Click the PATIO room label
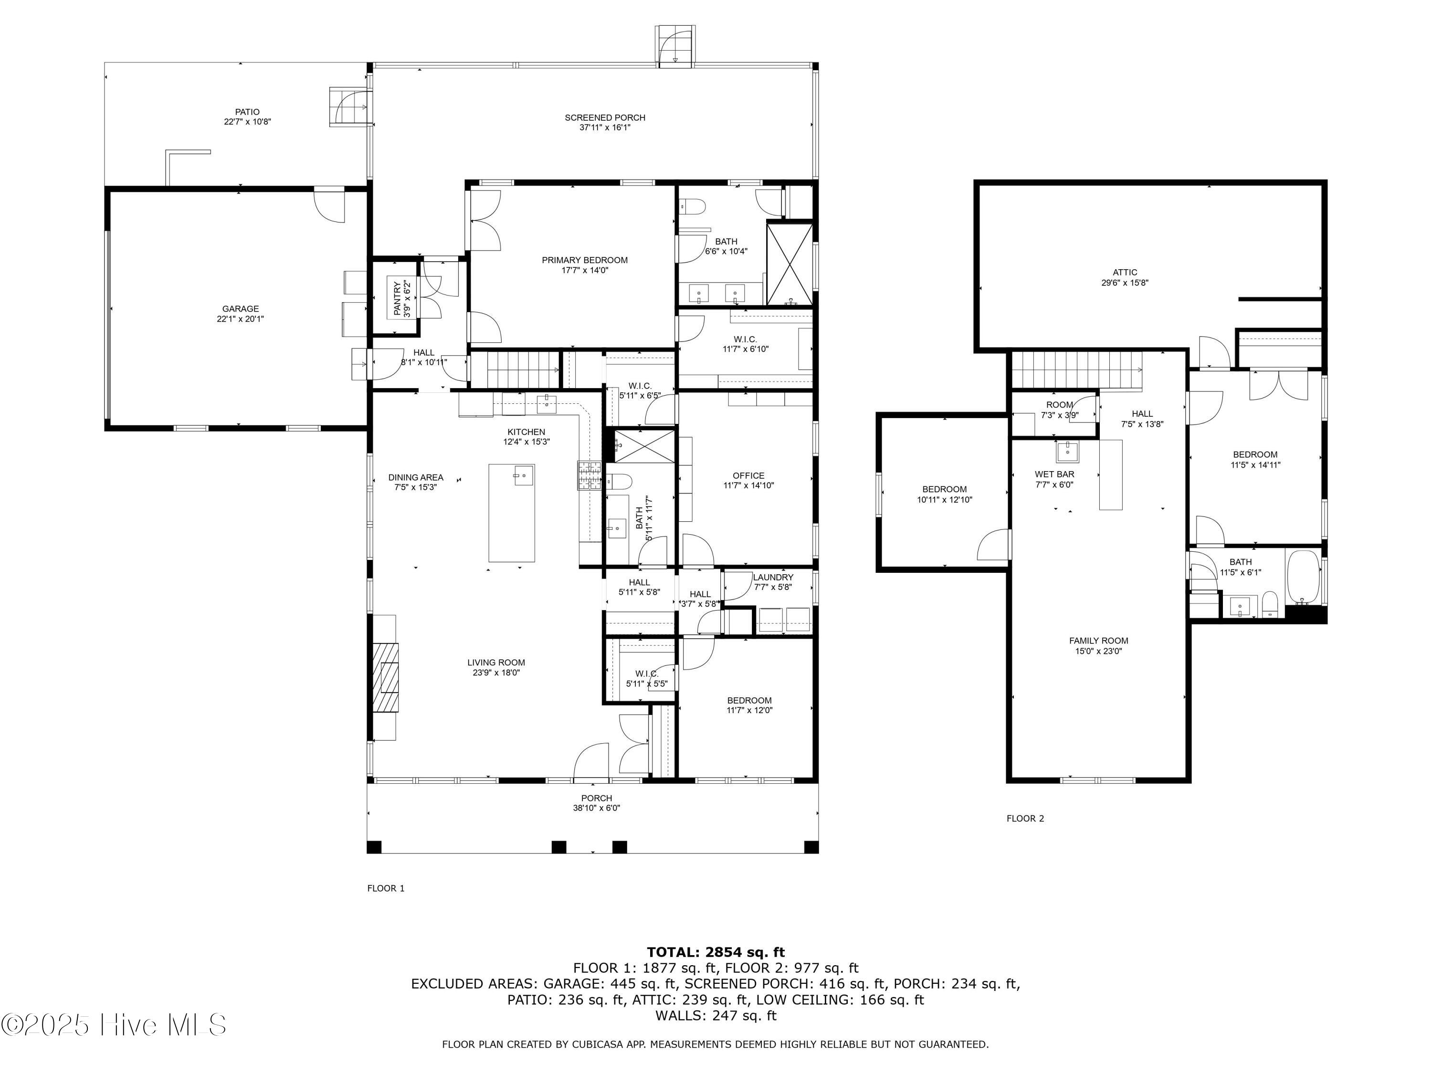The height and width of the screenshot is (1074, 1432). pyautogui.click(x=247, y=112)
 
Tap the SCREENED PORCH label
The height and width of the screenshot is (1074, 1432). pyautogui.click(x=605, y=118)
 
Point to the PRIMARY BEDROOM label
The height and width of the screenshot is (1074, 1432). pyautogui.click(x=585, y=260)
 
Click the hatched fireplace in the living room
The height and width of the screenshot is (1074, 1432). pyautogui.click(x=386, y=677)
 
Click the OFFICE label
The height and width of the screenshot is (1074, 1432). pyautogui.click(x=748, y=476)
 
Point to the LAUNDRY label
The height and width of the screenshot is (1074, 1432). pyautogui.click(x=773, y=578)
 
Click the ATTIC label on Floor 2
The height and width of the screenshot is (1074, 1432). pyautogui.click(x=1125, y=273)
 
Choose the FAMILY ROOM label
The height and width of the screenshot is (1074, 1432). pyautogui.click(x=1099, y=641)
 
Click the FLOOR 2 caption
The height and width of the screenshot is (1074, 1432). pyautogui.click(x=1025, y=818)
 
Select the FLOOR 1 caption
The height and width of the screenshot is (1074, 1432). pyautogui.click(x=386, y=888)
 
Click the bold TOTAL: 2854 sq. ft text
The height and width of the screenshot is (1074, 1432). pyautogui.click(x=716, y=952)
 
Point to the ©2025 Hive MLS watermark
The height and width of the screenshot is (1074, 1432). pyautogui.click(x=114, y=1025)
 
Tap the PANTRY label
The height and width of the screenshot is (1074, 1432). pyautogui.click(x=397, y=298)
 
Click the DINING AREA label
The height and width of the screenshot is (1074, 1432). pyautogui.click(x=416, y=478)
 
